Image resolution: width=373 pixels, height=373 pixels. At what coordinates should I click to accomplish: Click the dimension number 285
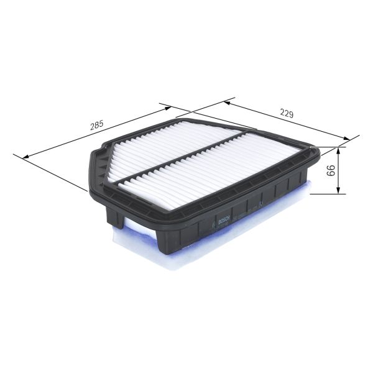tap(96, 125)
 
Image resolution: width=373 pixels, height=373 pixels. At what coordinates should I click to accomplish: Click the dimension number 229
tap(286, 114)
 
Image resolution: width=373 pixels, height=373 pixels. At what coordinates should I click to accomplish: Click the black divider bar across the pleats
tap(186, 155)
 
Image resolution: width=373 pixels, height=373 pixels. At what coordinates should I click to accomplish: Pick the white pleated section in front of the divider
tap(205, 171)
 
